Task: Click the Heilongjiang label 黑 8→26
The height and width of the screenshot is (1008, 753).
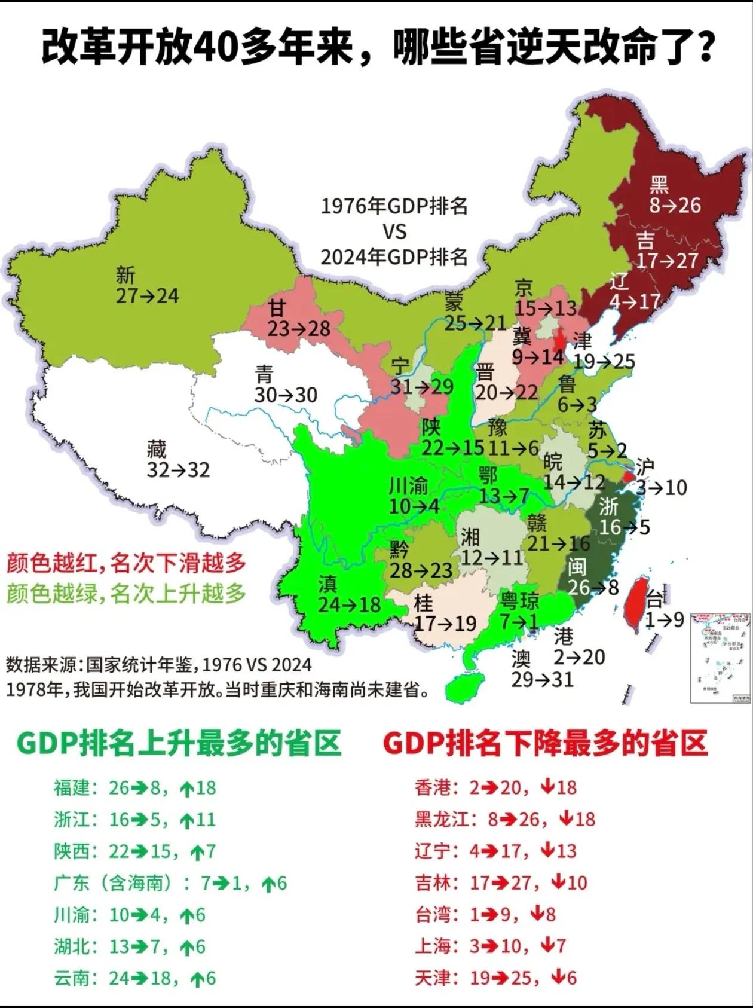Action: [x=675, y=195]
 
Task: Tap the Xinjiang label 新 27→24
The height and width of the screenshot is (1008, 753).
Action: [x=147, y=286]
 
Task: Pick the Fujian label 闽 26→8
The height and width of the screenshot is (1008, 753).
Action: [x=592, y=577]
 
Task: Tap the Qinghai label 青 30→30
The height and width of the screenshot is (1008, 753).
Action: [x=285, y=385]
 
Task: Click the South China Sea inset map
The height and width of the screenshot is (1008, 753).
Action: [x=720, y=658]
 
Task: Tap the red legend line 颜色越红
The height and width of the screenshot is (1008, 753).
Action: [x=126, y=563]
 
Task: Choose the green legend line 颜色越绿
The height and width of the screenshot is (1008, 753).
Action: [x=126, y=594]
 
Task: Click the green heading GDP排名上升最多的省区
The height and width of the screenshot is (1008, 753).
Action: [x=179, y=743]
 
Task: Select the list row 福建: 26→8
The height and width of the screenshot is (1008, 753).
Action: [x=134, y=788]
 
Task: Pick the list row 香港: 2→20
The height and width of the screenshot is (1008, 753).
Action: [x=495, y=787]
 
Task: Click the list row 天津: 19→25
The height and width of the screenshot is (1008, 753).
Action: [x=495, y=978]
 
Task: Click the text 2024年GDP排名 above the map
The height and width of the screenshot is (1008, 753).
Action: [x=394, y=257]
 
